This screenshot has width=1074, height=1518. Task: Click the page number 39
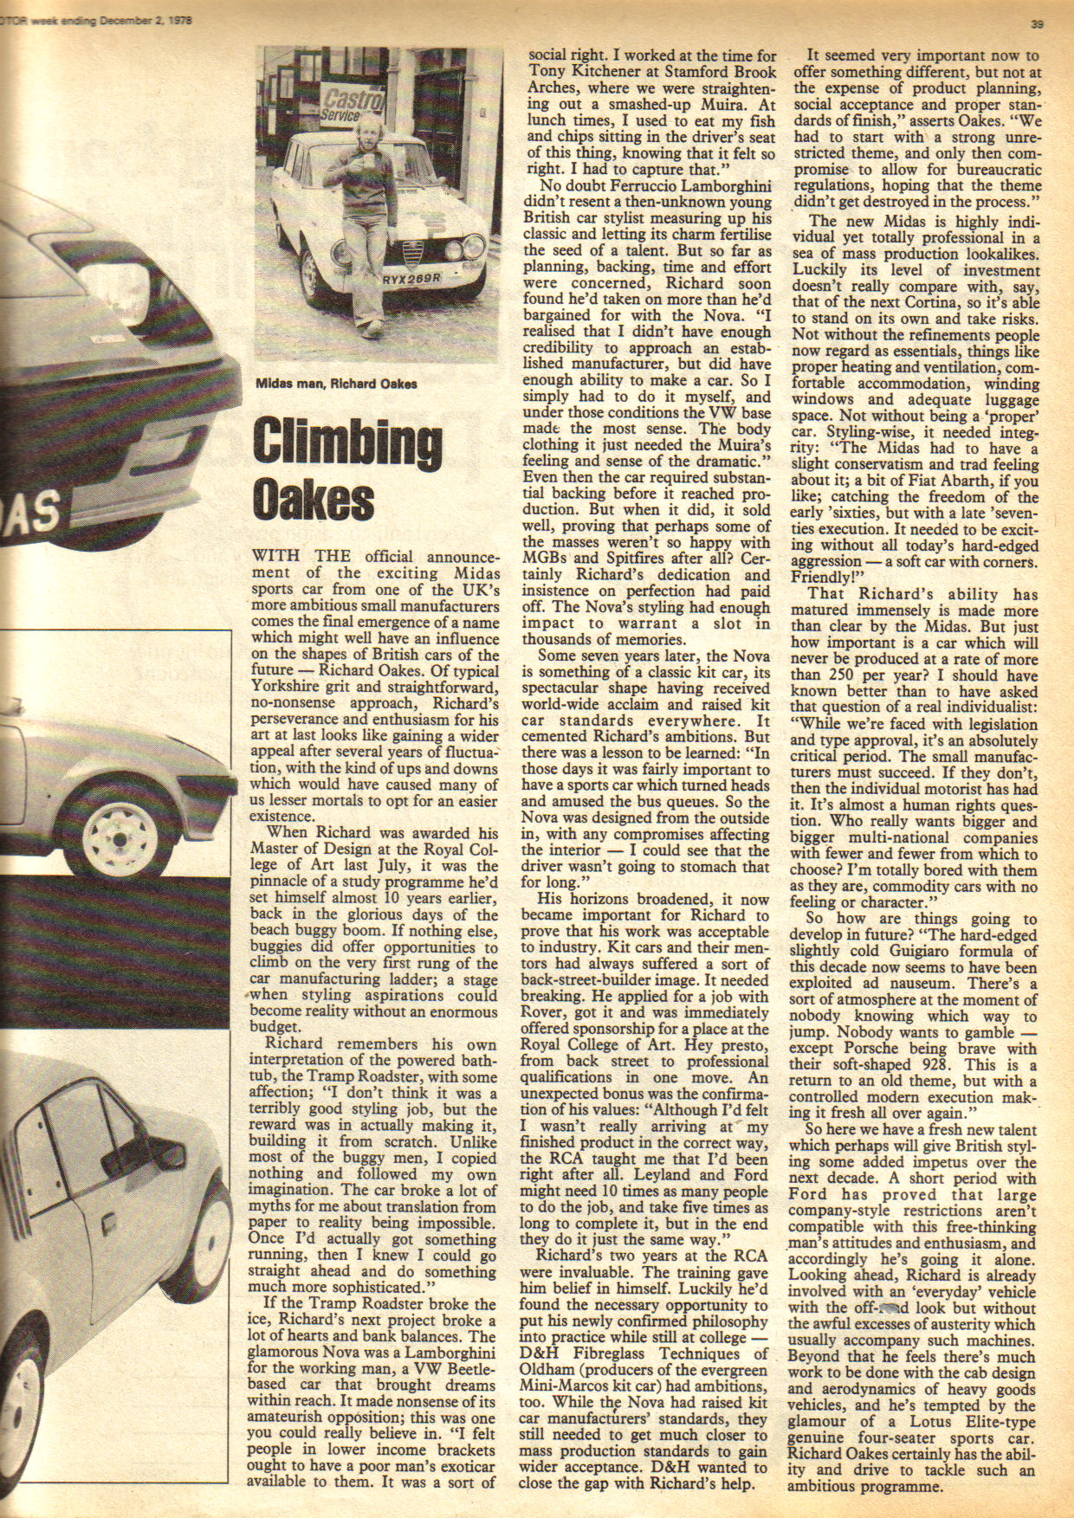click(1037, 24)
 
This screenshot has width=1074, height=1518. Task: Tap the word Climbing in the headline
click(346, 443)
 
